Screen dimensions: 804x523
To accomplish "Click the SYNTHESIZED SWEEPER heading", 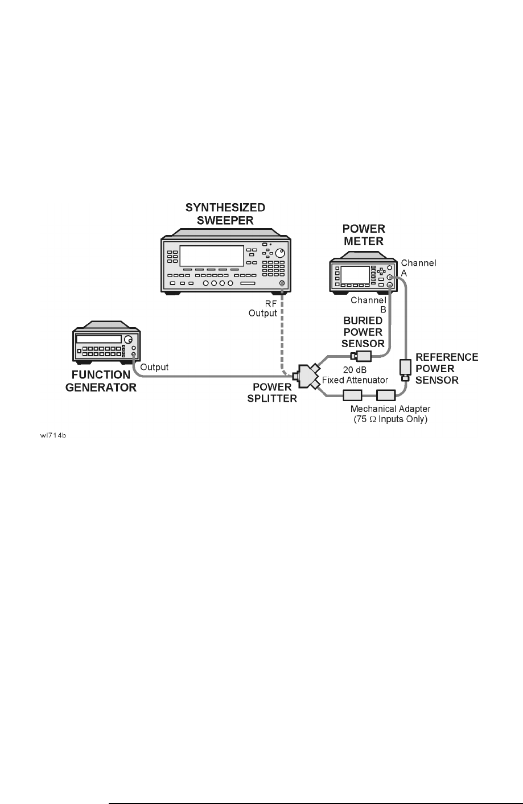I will [x=225, y=213].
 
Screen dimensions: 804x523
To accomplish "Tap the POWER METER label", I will [x=364, y=234].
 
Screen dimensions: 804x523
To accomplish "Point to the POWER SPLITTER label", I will [x=275, y=393].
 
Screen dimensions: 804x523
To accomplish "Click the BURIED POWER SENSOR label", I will [x=363, y=332].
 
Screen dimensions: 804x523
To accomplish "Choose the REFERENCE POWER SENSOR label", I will [x=447, y=369].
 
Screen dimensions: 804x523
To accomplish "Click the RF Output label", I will [x=263, y=308].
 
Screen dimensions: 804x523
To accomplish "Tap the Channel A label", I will [x=418, y=267].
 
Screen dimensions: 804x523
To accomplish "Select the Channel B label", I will [x=369, y=304].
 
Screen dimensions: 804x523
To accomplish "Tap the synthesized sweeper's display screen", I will [x=212, y=255].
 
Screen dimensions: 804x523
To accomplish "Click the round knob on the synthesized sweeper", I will [x=279, y=253].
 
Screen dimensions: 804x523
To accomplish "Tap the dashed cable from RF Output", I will [x=281, y=330].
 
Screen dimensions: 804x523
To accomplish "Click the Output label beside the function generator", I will [x=154, y=367].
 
